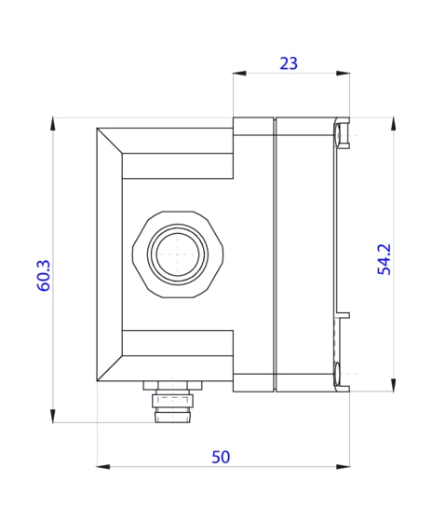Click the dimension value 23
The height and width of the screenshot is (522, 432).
click(x=289, y=63)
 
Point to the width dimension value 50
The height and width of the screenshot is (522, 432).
click(x=221, y=457)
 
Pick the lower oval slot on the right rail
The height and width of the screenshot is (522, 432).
click(x=336, y=375)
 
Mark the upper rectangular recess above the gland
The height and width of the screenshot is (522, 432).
click(x=177, y=165)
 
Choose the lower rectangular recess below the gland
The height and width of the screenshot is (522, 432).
click(x=177, y=343)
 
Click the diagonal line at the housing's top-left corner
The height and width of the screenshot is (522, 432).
click(x=110, y=140)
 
